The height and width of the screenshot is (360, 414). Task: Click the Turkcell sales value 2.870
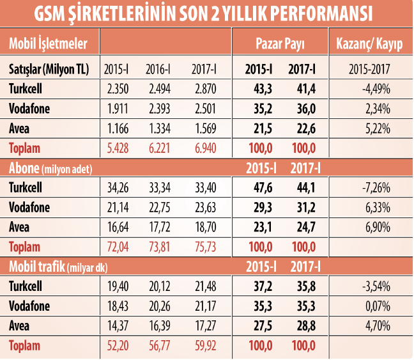coord(204,89)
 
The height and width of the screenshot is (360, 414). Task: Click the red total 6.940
coord(204,148)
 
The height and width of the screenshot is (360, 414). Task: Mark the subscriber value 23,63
coord(204,207)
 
